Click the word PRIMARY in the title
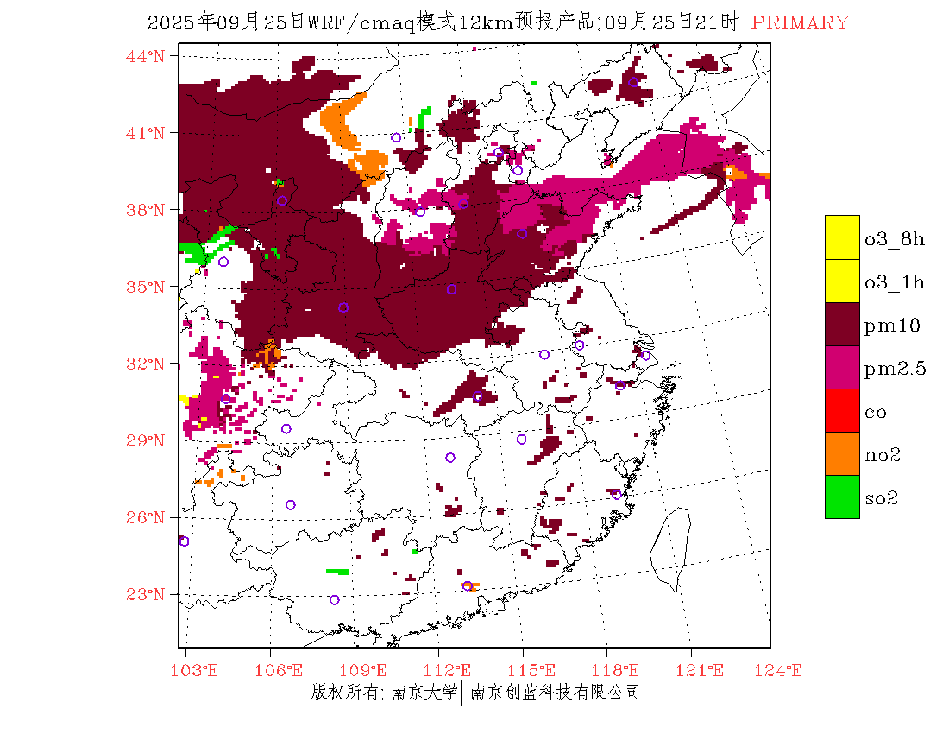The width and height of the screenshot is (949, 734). (x=800, y=23)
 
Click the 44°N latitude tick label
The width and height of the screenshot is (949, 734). (x=146, y=56)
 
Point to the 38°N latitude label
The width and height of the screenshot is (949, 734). (x=146, y=210)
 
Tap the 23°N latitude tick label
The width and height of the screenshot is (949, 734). (x=146, y=594)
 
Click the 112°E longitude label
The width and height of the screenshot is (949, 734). (x=452, y=670)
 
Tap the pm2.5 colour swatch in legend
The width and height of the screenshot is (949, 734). (x=842, y=368)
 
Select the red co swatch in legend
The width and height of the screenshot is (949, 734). (x=842, y=411)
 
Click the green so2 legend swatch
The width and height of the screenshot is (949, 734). (x=842, y=497)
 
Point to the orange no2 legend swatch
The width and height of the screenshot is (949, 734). (x=842, y=454)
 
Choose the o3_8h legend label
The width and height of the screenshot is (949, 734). (x=895, y=238)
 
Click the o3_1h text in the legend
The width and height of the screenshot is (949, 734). (x=895, y=282)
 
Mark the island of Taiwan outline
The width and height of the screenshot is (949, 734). (x=670, y=549)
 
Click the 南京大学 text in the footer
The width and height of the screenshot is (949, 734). (x=423, y=692)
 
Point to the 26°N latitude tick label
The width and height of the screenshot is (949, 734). (x=146, y=517)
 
